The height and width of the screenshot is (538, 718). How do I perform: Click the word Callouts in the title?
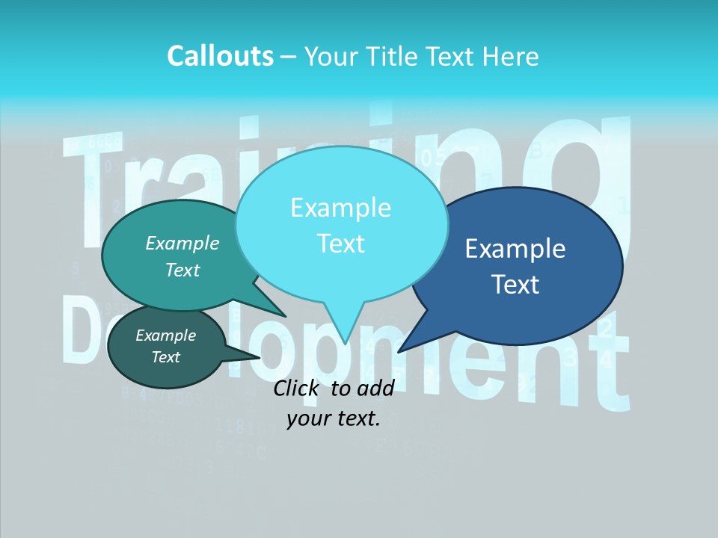[x=220, y=56]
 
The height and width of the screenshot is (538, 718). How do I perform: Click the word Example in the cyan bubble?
[x=341, y=207]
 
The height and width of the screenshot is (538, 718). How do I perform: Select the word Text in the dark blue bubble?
[x=515, y=285]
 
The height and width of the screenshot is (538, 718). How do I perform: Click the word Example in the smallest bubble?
[x=166, y=336]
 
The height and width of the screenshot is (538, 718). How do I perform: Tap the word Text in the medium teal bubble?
[x=182, y=270]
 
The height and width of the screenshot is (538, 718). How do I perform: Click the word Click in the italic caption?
[x=298, y=388]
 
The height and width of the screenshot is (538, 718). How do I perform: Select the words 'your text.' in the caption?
[x=334, y=419]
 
